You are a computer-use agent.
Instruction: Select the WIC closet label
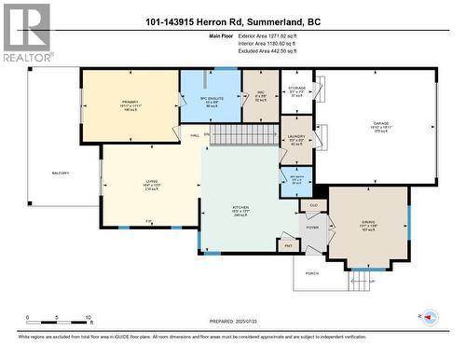262,92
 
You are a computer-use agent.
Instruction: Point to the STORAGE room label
297,89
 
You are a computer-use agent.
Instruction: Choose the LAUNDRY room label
296,137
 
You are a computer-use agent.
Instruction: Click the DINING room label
367,221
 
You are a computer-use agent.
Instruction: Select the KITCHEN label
241,208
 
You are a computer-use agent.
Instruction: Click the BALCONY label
60,173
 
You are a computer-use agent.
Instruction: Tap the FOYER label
311,227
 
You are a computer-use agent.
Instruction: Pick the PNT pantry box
286,246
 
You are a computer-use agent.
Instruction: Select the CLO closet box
313,205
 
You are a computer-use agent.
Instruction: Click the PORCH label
311,272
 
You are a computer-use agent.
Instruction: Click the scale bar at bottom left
58,313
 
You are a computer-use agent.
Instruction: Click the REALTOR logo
25,34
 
